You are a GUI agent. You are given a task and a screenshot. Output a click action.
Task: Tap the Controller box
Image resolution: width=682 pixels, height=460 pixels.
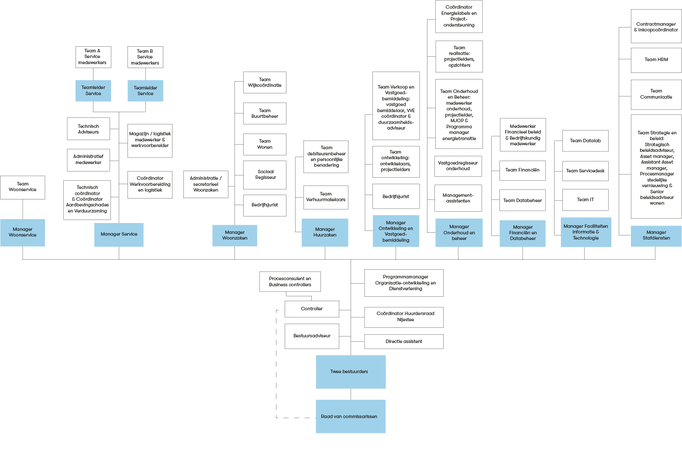coord(312,309)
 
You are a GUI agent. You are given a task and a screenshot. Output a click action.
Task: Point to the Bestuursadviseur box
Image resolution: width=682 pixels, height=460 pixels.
coord(312,336)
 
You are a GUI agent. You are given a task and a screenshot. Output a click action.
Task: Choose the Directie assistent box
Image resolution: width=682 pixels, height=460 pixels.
coord(403,342)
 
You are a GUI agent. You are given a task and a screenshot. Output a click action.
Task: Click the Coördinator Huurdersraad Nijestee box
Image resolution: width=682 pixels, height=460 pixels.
coord(403,317)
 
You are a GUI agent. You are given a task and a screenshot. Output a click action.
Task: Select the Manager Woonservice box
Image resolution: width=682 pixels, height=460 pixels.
coord(23,233)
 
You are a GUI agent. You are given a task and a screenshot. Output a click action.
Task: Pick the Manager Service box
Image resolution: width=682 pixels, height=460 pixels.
coord(119,235)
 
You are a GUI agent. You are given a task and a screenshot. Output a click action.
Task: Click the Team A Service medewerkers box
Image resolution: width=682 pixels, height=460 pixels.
coord(93,57)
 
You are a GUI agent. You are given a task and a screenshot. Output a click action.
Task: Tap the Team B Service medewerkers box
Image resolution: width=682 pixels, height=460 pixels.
coord(145,57)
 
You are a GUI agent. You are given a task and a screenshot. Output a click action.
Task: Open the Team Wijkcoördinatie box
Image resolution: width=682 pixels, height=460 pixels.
coord(265,82)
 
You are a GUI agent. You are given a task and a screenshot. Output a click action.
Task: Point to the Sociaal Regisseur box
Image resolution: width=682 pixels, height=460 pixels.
coord(265,175)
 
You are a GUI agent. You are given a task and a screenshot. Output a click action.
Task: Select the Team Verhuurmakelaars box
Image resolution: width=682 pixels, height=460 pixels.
coord(326,197)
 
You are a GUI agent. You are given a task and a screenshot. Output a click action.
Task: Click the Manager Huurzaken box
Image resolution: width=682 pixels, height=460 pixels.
coord(325,233)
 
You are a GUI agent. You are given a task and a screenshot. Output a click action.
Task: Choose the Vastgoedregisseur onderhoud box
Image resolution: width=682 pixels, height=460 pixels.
coord(458,166)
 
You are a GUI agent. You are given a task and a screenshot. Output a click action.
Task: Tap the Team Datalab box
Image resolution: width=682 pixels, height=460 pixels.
coord(585,141)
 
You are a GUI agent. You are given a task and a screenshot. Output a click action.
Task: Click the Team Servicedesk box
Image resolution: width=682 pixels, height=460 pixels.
coord(585,171)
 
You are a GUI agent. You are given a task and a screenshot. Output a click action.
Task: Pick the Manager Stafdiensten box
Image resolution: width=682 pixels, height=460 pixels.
coord(656,236)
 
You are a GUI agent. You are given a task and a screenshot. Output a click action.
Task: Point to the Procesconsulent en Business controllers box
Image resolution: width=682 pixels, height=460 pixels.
coord(290,282)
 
